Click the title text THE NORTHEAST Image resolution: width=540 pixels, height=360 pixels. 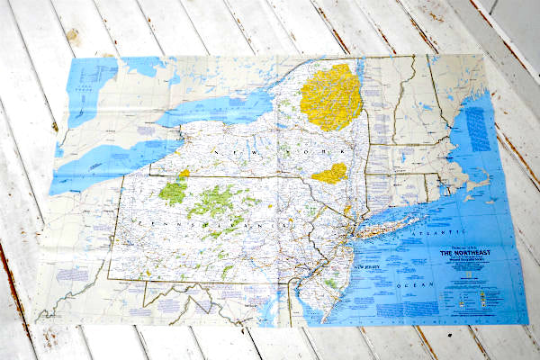tap(465, 254)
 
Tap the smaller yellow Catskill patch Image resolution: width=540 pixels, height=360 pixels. tap(329, 173)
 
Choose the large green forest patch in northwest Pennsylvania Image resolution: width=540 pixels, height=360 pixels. tap(173, 192)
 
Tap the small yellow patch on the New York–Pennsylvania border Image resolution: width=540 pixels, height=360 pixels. tap(184, 173)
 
